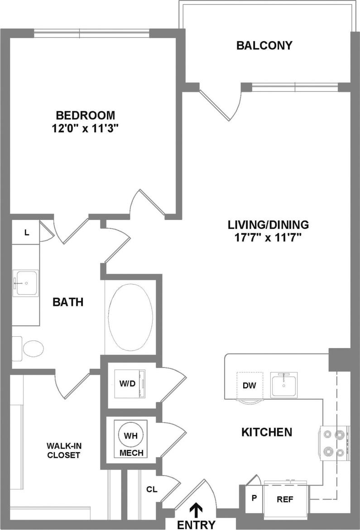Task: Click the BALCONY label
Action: [264, 45]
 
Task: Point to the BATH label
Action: [68, 302]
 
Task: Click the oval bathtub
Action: [130, 316]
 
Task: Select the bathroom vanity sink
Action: [25, 283]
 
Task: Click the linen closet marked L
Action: [27, 233]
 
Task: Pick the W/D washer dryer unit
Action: [129, 384]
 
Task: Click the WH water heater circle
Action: [131, 435]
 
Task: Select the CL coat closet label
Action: [151, 489]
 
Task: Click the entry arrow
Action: [196, 510]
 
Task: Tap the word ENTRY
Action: [196, 525]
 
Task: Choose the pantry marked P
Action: [254, 498]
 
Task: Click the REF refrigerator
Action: [286, 500]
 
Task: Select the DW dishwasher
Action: [250, 386]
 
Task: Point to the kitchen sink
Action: [283, 385]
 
